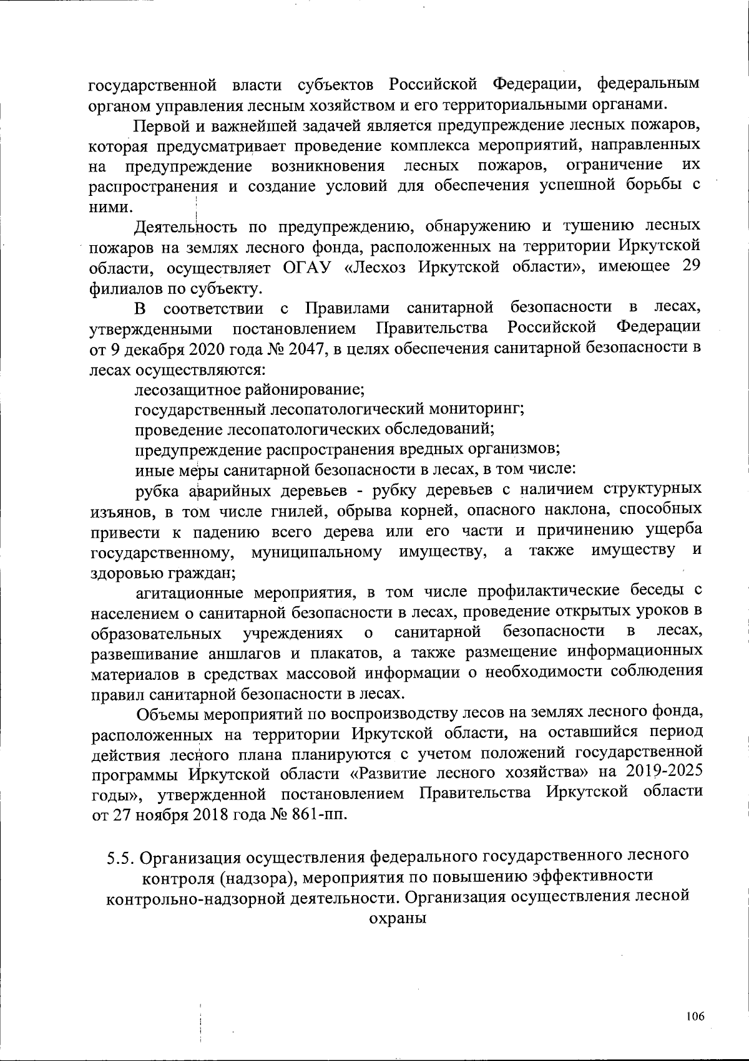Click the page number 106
click(695, 1017)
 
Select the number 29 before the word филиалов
click(689, 265)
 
